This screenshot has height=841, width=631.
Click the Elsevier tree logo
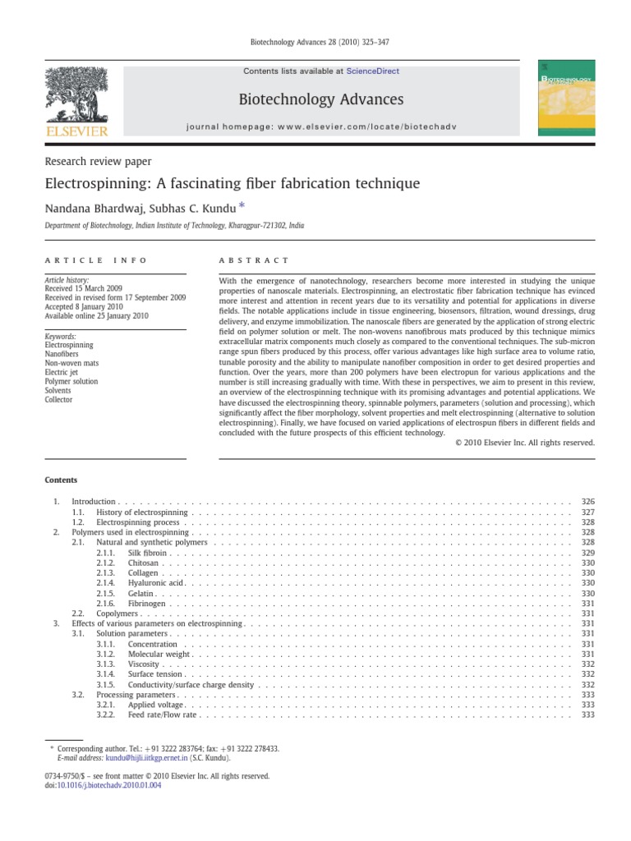pos(75,97)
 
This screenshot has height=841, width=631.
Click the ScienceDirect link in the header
pos(373,71)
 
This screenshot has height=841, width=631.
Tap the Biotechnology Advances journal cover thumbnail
pos(566,97)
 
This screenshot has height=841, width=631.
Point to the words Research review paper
pos(98,162)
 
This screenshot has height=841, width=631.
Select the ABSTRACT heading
pos(254,260)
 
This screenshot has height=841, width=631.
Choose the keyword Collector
pos(60,400)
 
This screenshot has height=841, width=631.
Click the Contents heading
pos(61,480)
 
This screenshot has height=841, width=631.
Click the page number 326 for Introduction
pos(587,501)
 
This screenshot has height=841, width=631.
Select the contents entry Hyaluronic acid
pos(155,582)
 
